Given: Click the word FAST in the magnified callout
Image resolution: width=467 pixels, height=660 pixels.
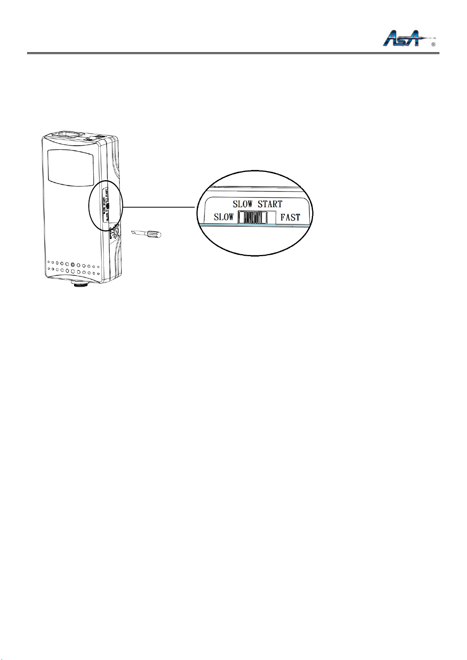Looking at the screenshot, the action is [290, 217].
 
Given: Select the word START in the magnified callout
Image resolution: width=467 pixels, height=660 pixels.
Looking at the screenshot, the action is [270, 204].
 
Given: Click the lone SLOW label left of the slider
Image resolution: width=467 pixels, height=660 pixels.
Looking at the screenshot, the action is [224, 217].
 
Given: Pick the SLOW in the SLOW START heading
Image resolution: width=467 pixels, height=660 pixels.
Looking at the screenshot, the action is [243, 204].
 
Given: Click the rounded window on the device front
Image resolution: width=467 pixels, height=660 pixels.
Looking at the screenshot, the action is [70, 168].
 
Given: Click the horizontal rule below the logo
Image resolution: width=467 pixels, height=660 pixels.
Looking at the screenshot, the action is [233, 53].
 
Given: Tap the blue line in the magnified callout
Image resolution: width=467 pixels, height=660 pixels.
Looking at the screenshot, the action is [255, 226].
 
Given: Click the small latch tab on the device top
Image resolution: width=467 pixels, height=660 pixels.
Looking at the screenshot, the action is [91, 139].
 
